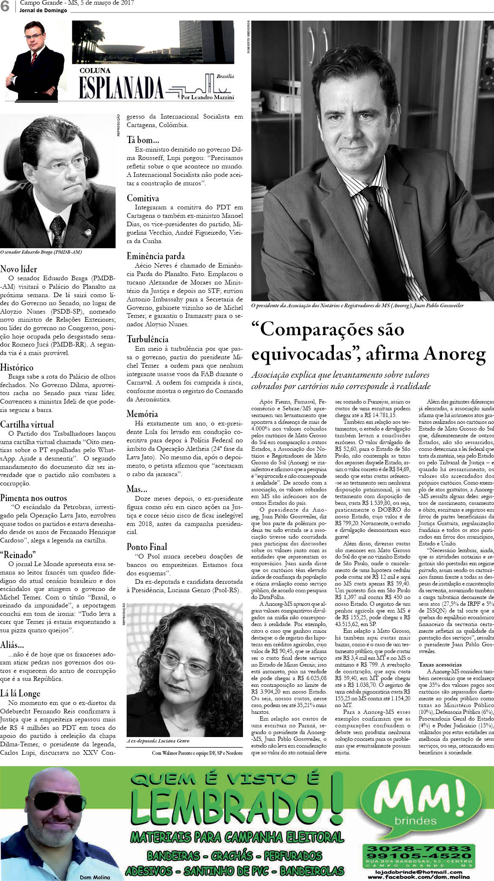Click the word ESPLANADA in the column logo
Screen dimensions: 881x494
point(121,88)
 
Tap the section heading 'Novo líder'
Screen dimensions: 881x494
point(19,269)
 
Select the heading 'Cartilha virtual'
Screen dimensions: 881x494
point(27,424)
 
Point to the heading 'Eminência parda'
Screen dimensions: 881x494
point(156,256)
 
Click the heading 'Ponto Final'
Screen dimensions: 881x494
point(147,546)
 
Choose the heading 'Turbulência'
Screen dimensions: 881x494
point(148,339)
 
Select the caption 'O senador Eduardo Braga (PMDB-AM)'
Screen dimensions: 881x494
point(41,252)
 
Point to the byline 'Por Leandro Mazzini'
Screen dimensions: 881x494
point(207,97)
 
